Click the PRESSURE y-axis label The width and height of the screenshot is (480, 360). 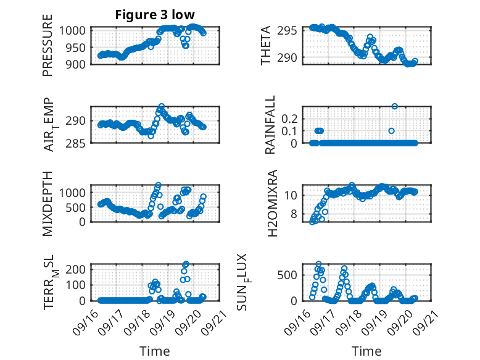(x=48, y=49)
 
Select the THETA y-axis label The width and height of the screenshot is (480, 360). (x=266, y=46)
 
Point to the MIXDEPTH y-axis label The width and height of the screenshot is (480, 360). (x=48, y=204)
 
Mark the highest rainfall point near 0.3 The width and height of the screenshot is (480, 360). (x=395, y=106)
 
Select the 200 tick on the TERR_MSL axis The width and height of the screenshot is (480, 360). (x=80, y=269)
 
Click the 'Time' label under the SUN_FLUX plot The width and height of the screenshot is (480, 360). (x=366, y=351)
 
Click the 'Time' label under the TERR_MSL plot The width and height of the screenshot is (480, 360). (x=154, y=351)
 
